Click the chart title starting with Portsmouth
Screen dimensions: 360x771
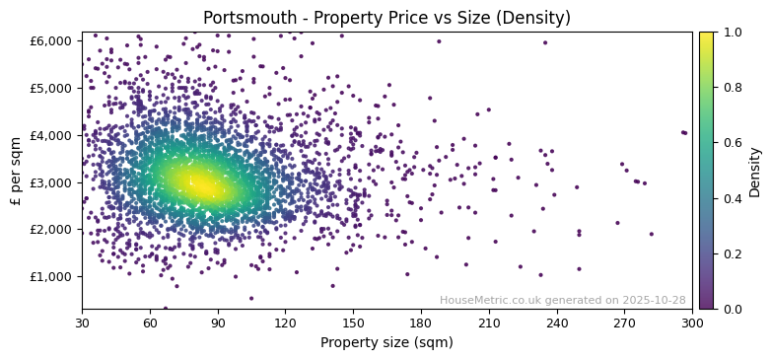coord(386,18)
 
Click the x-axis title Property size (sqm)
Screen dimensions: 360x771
coord(386,342)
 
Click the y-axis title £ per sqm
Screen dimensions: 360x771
coord(16,170)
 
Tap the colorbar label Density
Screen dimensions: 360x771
coord(754,170)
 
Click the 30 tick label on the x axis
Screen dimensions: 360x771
coord(82,323)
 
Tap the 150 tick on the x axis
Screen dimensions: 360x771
coord(353,323)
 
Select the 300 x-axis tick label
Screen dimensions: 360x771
coord(692,323)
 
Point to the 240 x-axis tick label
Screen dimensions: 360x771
coord(557,323)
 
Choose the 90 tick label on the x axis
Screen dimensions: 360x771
coord(218,323)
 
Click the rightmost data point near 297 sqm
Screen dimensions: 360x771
coord(684,132)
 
